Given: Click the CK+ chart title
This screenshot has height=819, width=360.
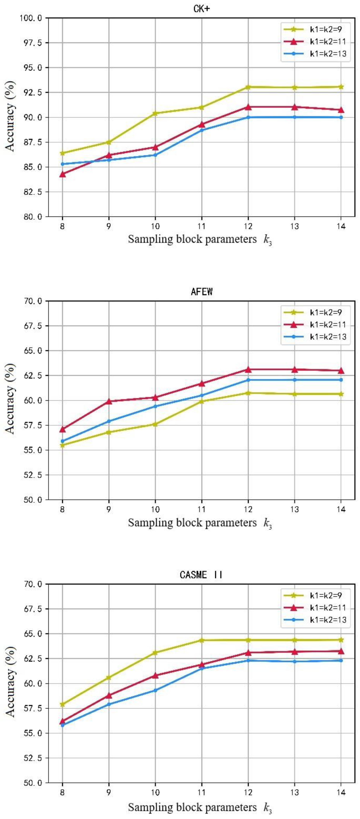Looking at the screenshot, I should (x=202, y=9).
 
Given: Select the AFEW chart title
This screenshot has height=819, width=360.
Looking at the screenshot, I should (x=202, y=292).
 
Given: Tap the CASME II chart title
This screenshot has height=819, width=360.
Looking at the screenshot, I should (x=202, y=575).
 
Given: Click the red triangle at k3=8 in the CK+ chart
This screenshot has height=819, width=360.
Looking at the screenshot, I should (x=62, y=174).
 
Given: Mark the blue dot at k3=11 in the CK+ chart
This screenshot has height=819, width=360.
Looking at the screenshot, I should (x=202, y=130).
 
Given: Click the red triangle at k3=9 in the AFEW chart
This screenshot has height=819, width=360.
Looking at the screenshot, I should (x=109, y=401).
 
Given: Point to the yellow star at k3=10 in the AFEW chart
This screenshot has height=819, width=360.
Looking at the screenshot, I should (x=155, y=424).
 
